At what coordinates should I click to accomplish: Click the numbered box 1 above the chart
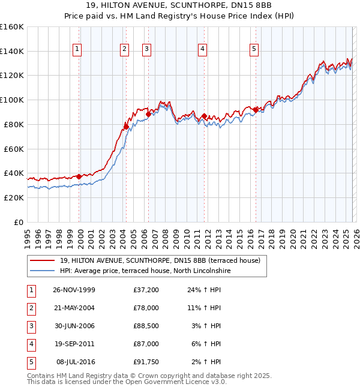pyautogui.click(x=78, y=49)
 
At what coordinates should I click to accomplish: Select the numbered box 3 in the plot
pyautogui.click(x=146, y=49)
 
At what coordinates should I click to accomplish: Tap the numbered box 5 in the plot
pyautogui.click(x=254, y=49)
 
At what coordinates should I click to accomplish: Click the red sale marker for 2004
pyautogui.click(x=127, y=126)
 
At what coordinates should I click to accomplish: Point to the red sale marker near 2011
pyautogui.click(x=205, y=116)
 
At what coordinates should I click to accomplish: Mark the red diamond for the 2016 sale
pyautogui.click(x=256, y=110)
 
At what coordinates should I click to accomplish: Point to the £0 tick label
pyautogui.click(x=19, y=222)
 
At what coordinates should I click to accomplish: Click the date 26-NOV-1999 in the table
pyautogui.click(x=74, y=290)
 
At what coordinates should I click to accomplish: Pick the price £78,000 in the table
pyautogui.click(x=146, y=308)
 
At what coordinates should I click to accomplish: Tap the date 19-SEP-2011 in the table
pyautogui.click(x=74, y=344)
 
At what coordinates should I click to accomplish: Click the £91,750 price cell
pyautogui.click(x=146, y=362)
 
